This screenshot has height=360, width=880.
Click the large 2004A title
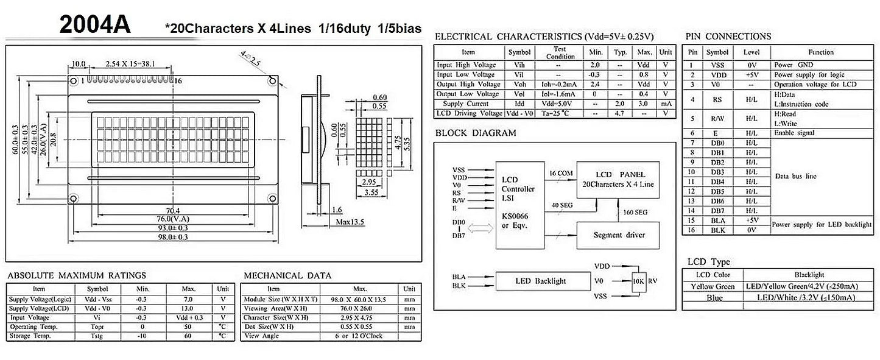coord(94,25)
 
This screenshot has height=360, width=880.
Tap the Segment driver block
coord(618,235)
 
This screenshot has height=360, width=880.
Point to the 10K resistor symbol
coord(638,281)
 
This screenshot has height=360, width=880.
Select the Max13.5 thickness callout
coord(350,222)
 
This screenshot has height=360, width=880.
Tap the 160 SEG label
coord(635,212)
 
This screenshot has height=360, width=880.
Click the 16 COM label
coord(560,174)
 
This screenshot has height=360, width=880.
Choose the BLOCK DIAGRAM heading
coord(476,133)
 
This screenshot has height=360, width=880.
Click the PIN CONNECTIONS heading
coord(728,37)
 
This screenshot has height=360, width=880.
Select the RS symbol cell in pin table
coord(717,99)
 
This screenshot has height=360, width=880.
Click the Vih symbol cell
coord(519,65)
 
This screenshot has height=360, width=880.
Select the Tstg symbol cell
coord(97,336)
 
